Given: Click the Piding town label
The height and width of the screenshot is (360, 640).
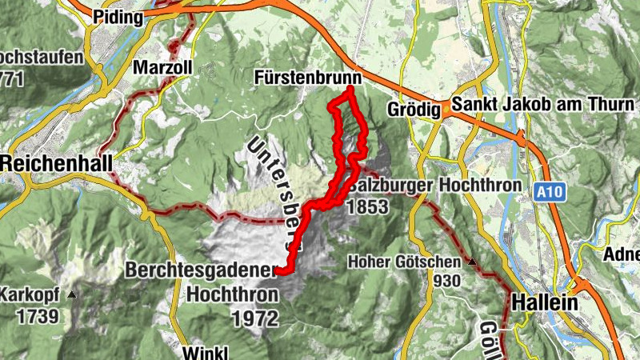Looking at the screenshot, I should point(118,17).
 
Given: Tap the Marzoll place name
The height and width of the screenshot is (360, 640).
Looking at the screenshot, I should point(163,67).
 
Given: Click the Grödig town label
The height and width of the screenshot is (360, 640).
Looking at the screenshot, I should point(414,110).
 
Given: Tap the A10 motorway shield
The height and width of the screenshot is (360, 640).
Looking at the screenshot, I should point(546,192).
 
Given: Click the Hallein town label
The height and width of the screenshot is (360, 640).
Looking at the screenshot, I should point(544,305).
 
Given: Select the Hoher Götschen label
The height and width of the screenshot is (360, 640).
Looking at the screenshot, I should point(404,262).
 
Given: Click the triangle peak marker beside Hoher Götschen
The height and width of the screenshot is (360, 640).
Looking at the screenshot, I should point(472,262).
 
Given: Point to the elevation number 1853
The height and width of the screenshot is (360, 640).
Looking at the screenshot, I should point(367,206).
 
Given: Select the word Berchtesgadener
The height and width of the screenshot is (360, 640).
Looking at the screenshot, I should point(200,271).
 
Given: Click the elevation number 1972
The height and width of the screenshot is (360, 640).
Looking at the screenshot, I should point(255,318).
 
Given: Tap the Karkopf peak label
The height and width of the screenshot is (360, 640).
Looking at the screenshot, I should point(30,293).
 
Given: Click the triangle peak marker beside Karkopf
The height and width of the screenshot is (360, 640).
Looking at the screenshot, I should point(72,294).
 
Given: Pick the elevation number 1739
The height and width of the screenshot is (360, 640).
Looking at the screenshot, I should point(37,315).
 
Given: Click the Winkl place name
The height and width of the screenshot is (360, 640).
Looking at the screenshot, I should point(206,353).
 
